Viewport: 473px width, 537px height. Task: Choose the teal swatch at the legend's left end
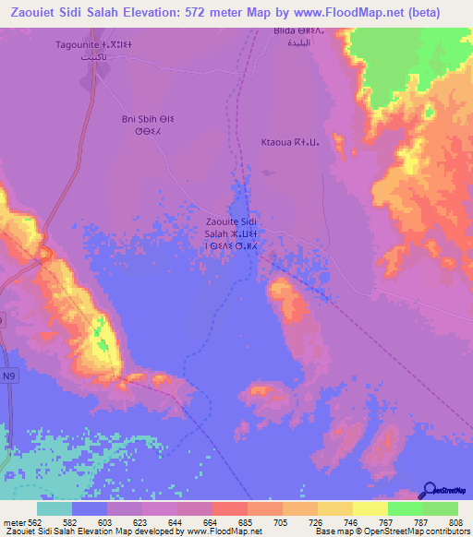(x=55, y=508)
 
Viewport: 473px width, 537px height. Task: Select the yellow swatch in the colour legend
(x=370, y=508)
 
